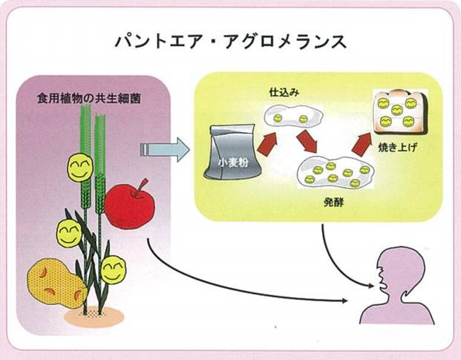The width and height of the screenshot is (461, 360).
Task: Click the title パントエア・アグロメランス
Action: (229, 41)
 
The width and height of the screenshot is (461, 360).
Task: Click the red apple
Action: (128, 206)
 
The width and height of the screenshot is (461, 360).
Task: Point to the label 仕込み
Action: (283, 94)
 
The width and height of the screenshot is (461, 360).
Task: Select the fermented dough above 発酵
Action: (334, 172)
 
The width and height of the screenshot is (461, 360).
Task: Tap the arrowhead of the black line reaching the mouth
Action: (344, 301)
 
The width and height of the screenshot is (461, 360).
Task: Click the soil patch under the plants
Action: (88, 316)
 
